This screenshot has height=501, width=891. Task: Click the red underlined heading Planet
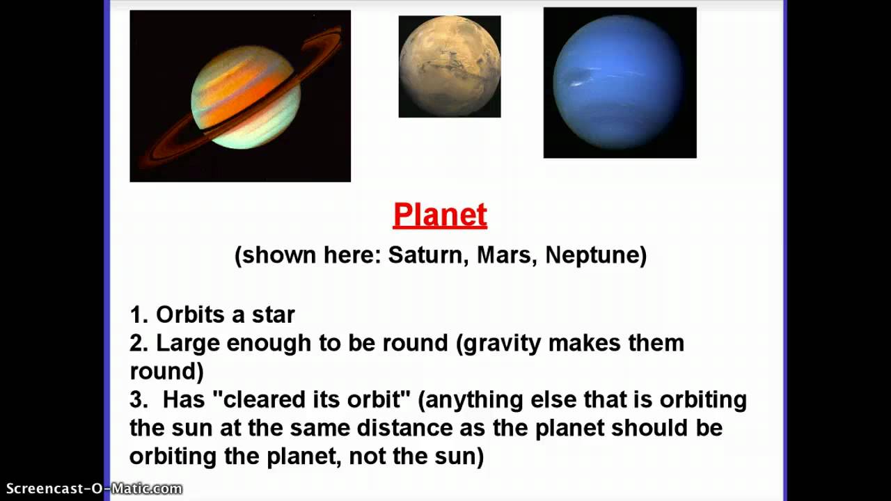tap(440, 215)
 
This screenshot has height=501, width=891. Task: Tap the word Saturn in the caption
tap(425, 255)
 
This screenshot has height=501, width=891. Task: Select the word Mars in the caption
tap(505, 255)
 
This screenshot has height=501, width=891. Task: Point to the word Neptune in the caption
tap(592, 255)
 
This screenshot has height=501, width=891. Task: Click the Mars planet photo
tap(450, 66)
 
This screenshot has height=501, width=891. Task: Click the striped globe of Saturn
tap(246, 97)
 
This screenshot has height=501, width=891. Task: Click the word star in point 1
tap(274, 315)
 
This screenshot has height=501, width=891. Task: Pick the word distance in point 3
tap(405, 428)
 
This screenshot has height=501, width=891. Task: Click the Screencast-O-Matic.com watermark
tap(94, 488)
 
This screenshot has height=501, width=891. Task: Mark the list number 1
tap(137, 315)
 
